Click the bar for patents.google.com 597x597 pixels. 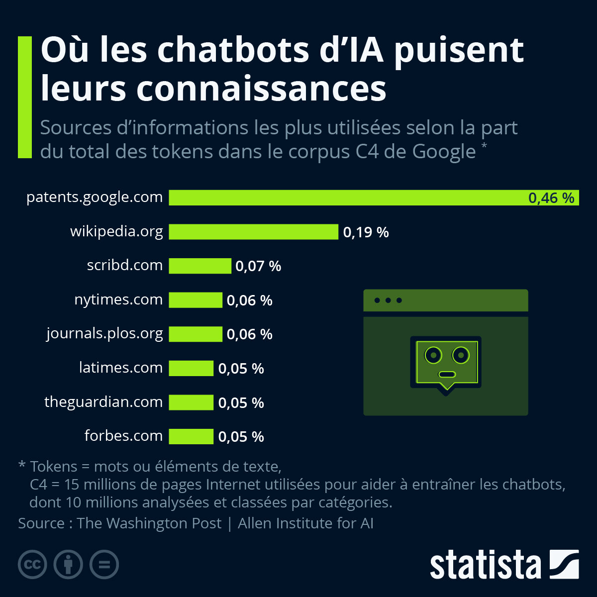348,198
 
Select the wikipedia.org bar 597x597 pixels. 253,232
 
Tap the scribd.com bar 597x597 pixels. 200,266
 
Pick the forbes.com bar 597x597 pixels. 191,436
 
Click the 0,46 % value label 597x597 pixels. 551,198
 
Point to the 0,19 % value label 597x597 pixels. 366,232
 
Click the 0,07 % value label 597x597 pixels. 258,266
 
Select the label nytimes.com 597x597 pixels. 118,299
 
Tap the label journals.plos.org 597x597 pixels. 104,333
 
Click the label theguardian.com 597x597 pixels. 103,402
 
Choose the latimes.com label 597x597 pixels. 121,368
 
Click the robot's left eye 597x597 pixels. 433,355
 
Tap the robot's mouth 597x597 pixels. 447,374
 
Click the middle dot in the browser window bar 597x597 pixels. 388,300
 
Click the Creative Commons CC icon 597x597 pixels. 32,564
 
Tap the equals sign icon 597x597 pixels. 104,564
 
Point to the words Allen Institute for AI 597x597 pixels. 305,523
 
